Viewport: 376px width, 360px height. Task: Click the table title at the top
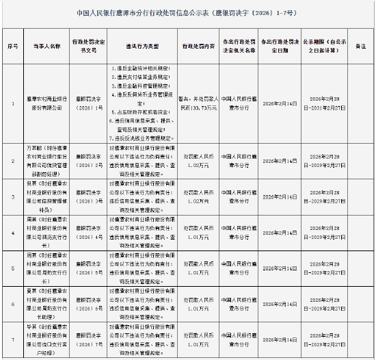[x=187, y=12]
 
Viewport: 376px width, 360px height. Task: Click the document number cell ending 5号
[x=90, y=268]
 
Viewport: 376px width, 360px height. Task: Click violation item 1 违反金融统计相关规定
[x=140, y=69]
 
